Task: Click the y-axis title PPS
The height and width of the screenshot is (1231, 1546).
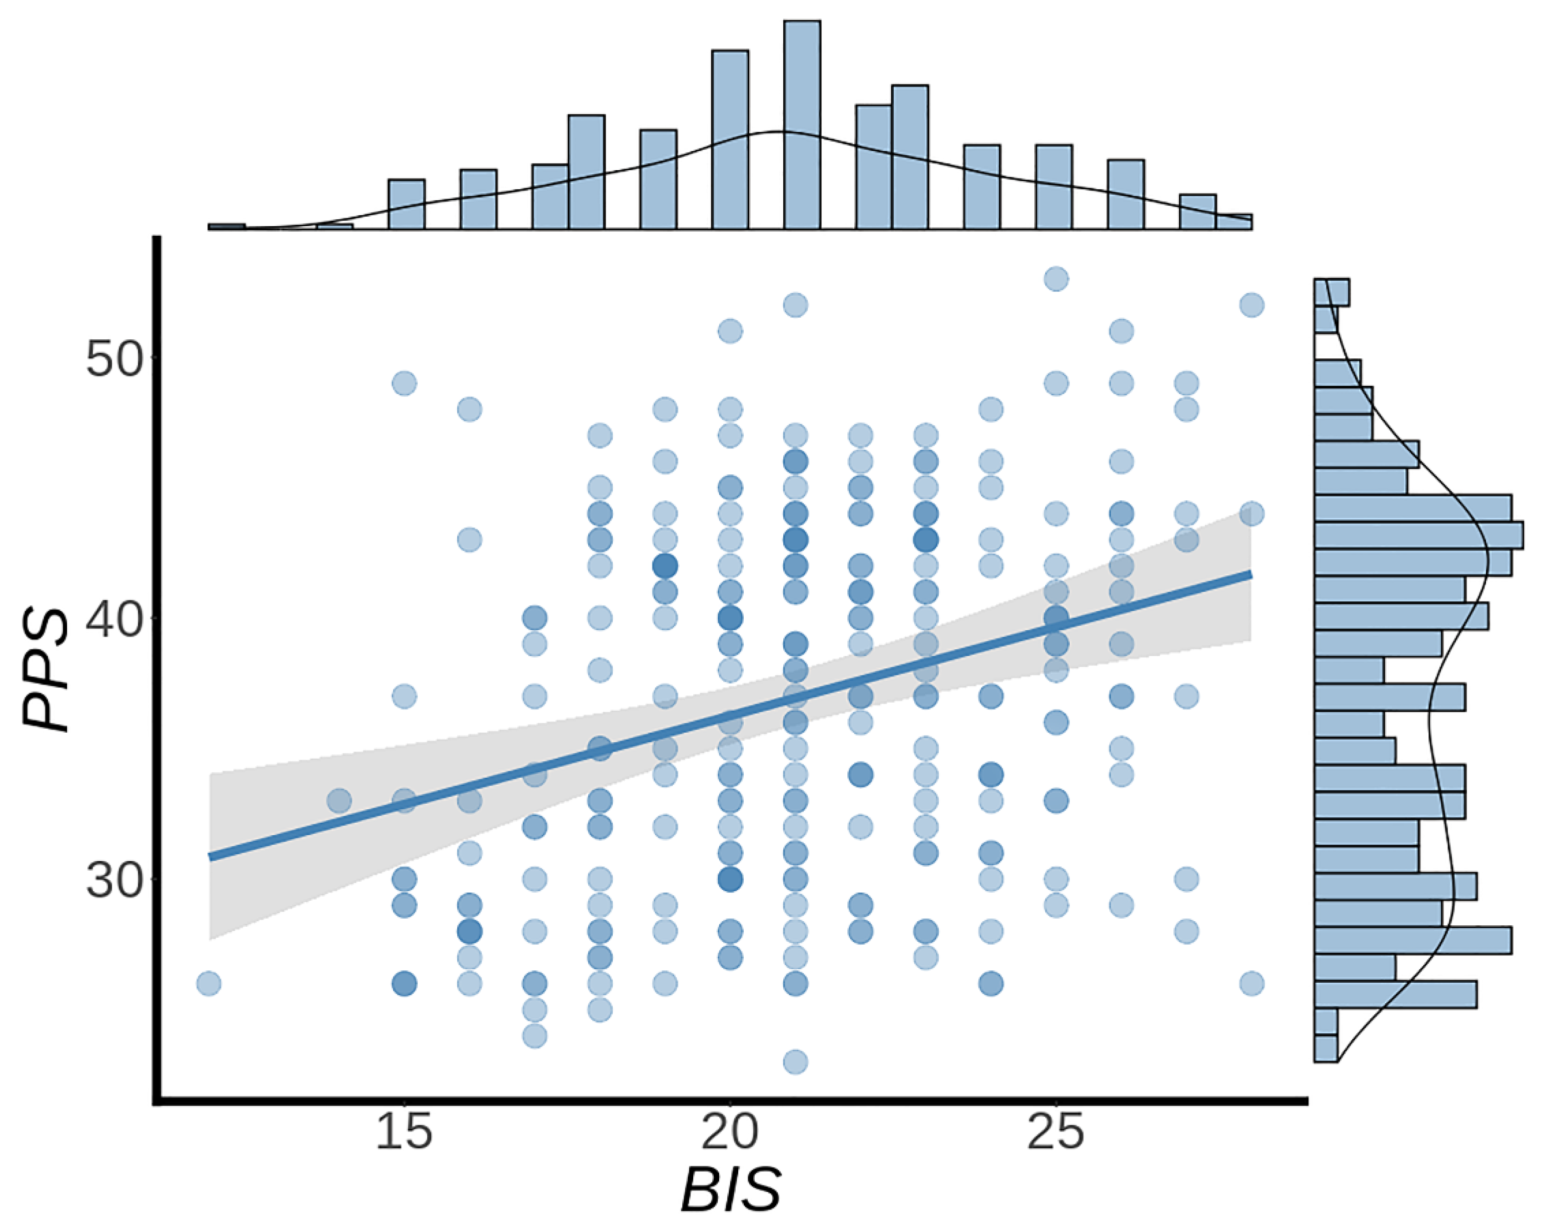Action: tap(46, 671)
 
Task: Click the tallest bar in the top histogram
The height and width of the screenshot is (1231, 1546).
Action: tap(802, 126)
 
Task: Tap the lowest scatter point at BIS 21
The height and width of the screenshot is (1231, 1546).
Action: tap(795, 1061)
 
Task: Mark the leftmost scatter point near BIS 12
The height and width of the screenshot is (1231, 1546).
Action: tap(209, 983)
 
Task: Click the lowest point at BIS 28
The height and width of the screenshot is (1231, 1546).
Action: tap(1251, 983)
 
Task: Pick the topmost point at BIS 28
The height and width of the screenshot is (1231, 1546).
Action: tap(1251, 305)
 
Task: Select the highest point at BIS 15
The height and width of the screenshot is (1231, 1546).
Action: tap(405, 383)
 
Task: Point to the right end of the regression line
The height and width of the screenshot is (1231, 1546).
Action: tap(1250, 574)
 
